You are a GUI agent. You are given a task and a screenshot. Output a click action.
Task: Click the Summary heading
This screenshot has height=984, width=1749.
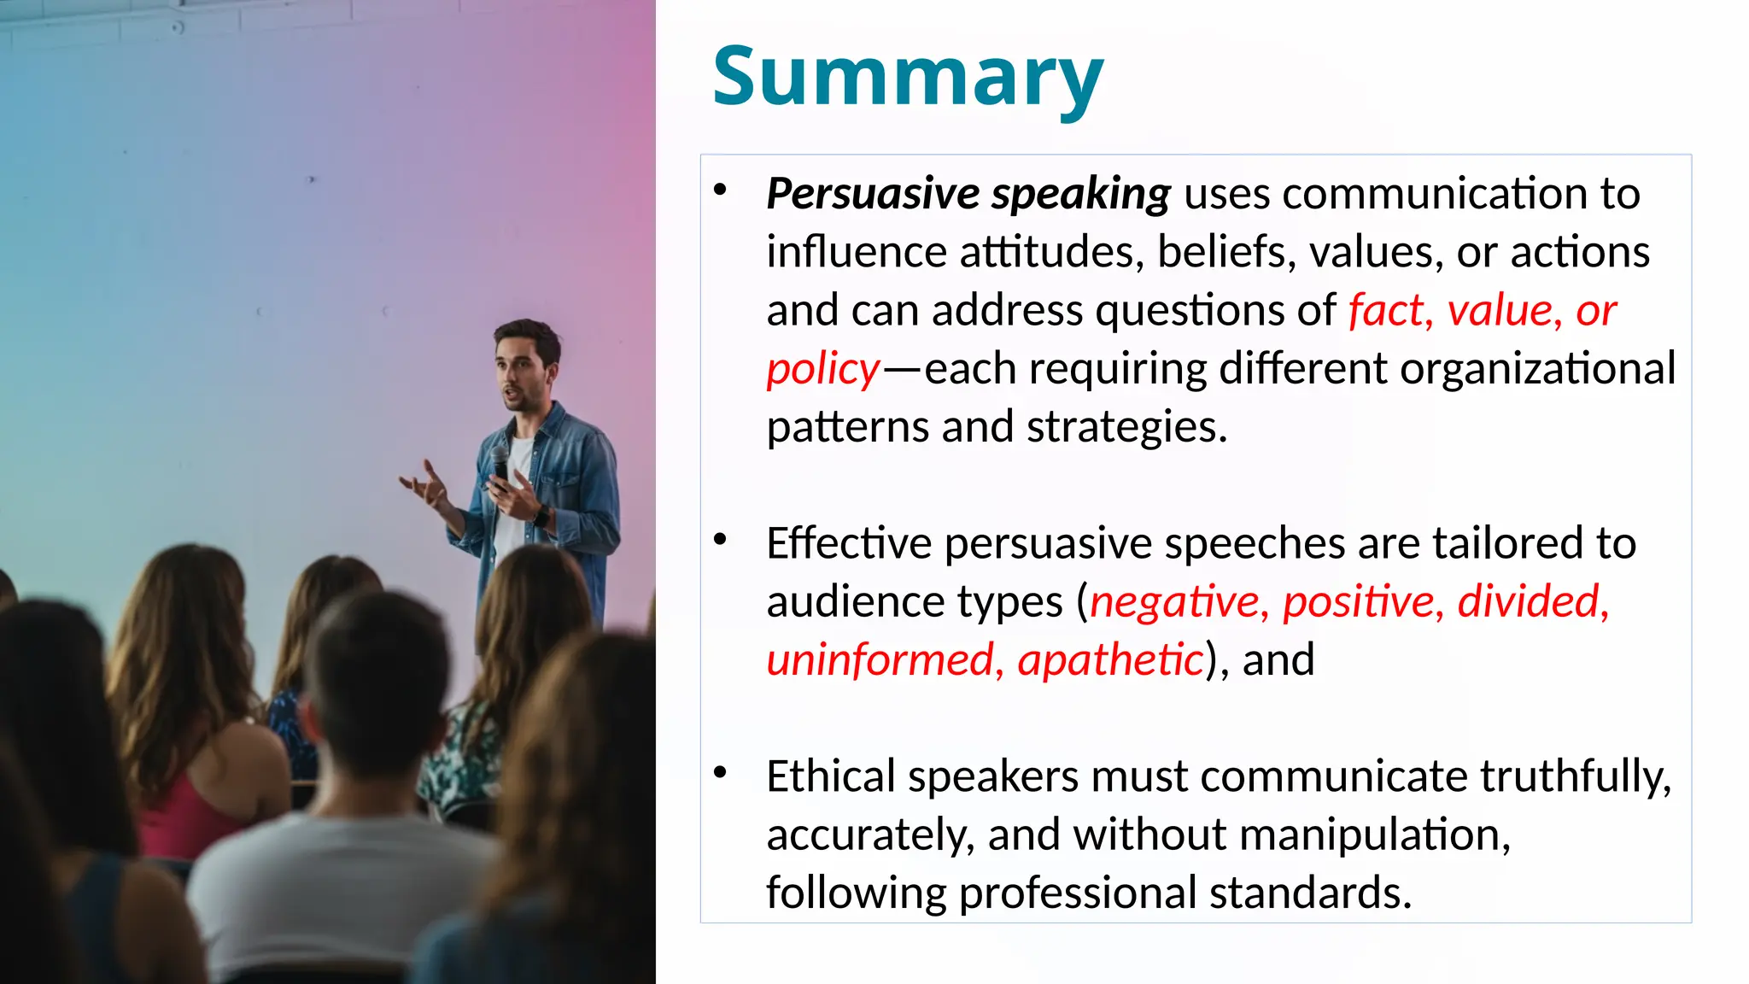tap(908, 77)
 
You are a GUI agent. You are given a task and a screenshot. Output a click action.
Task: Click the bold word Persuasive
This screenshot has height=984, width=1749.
tap(872, 194)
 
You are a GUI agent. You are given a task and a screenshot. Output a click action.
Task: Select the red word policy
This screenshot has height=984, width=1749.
tap(822, 370)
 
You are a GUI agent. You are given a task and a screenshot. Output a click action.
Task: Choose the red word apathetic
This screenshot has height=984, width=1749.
tap(1110, 659)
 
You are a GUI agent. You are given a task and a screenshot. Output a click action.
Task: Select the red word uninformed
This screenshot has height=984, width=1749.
tap(880, 659)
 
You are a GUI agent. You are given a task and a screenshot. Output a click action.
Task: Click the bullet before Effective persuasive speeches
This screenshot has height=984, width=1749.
tap(720, 539)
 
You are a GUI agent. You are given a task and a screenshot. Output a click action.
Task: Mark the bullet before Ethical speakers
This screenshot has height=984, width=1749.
tap(720, 772)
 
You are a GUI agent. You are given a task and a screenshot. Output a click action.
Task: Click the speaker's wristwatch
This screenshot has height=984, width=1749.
tap(541, 515)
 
